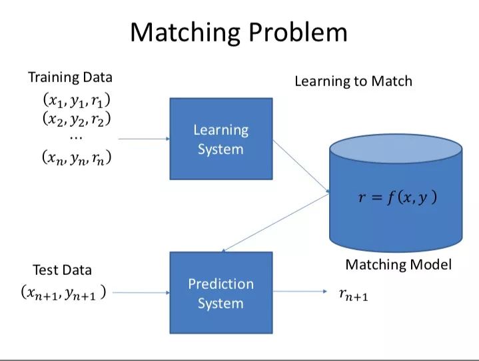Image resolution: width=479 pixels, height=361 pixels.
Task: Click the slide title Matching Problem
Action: point(239,32)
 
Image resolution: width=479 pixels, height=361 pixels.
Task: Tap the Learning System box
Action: point(221,139)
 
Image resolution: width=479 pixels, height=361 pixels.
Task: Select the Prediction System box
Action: point(221,293)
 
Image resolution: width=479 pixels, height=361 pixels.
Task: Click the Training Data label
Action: point(70,77)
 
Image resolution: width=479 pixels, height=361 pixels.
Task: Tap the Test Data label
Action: point(62,270)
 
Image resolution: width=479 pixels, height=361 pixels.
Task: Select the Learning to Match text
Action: point(353,81)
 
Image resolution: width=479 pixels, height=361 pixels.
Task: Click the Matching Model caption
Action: point(398,264)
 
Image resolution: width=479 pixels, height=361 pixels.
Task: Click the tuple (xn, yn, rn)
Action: point(77,158)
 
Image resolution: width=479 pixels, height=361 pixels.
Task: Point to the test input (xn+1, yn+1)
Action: point(63,292)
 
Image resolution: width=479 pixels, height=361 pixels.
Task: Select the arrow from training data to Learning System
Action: point(143,139)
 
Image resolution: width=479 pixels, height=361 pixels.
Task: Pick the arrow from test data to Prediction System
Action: point(140,292)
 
